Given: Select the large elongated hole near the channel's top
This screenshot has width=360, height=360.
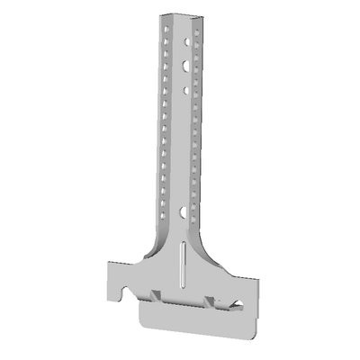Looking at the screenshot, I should (x=184, y=66).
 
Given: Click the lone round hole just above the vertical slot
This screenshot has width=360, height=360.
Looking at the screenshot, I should (x=184, y=213).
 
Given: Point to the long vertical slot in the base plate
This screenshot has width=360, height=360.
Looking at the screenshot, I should (x=184, y=260).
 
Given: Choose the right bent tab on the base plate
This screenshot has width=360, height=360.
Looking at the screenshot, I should (x=211, y=300).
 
